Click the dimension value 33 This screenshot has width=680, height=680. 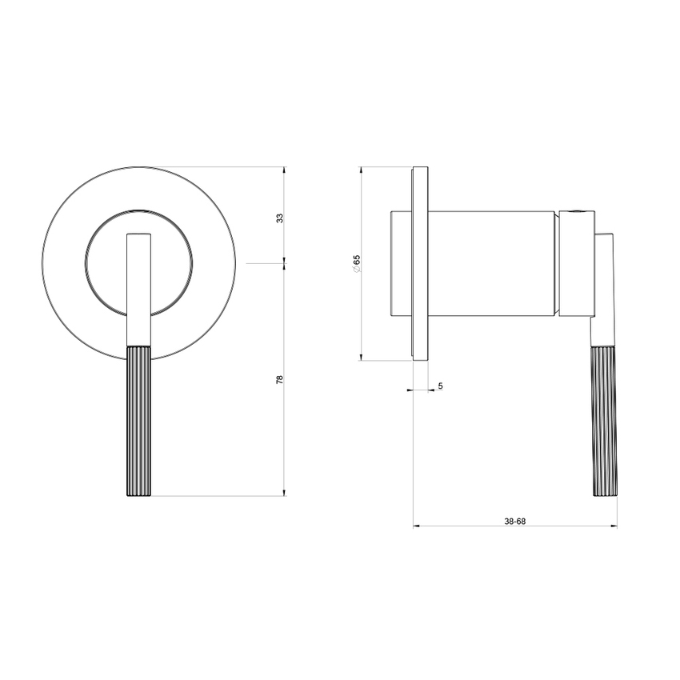coord(279,218)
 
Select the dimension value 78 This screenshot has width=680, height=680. coord(279,379)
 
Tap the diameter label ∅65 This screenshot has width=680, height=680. coord(356,263)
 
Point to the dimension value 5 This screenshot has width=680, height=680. coord(440,386)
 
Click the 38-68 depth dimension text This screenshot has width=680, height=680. coord(514,521)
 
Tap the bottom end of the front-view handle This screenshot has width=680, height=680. coord(139,494)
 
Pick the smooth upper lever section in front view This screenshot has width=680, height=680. coord(140,288)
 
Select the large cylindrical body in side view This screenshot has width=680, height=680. coord(492,263)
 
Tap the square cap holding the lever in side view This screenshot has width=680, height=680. coord(576,264)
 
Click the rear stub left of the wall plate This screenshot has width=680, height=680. coord(401,263)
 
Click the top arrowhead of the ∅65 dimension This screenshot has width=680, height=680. coord(362,170)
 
